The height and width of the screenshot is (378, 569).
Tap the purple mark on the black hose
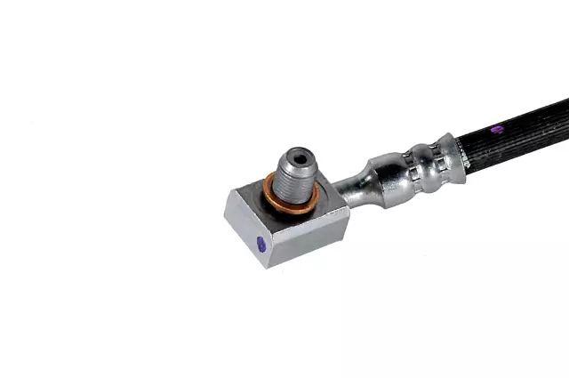click(x=498, y=130)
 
